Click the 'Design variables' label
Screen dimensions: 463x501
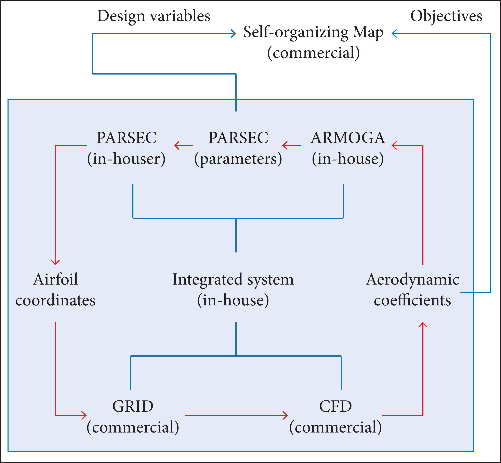coord(153,16)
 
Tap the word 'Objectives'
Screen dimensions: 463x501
coord(446,16)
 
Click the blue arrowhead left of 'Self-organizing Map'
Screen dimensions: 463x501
coord(233,33)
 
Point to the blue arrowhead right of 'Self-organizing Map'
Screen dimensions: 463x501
coord(394,33)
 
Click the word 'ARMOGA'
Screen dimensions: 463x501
coord(348,138)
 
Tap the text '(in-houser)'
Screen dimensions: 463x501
coord(126,159)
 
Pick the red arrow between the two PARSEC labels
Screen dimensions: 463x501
coord(183,145)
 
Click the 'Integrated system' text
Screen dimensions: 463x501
coord(233,280)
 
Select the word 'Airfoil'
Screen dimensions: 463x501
coord(55,280)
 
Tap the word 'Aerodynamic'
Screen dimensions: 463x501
coord(413,280)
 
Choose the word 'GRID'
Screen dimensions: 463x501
coord(133,407)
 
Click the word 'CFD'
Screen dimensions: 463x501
coord(335,407)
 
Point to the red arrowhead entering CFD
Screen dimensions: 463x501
coord(285,416)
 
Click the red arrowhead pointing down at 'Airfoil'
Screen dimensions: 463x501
coord(55,262)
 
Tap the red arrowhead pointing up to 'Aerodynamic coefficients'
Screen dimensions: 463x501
coord(423,325)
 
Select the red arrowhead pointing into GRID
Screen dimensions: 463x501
coord(84,416)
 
